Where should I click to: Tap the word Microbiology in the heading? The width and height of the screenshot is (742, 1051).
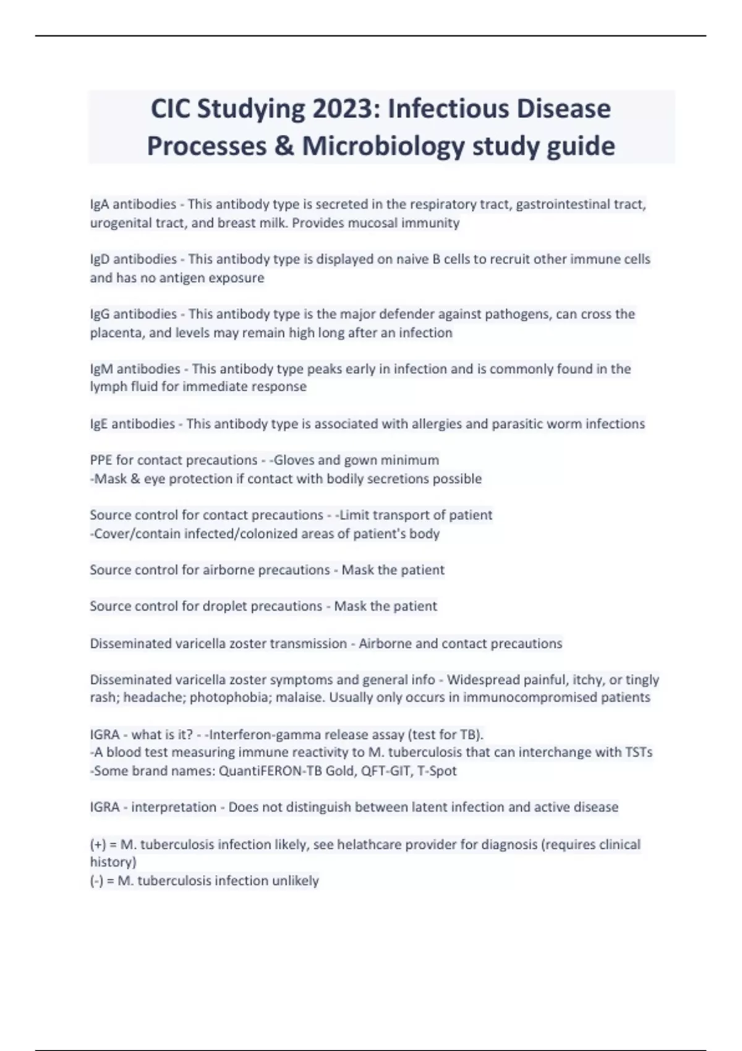click(x=383, y=147)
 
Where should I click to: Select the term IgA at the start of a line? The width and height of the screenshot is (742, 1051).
click(x=100, y=204)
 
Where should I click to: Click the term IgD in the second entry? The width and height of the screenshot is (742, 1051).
click(x=100, y=259)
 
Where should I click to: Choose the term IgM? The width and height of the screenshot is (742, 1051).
click(x=101, y=369)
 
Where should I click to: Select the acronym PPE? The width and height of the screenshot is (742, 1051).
click(x=101, y=460)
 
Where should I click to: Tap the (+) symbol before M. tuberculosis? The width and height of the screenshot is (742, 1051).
click(x=98, y=845)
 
